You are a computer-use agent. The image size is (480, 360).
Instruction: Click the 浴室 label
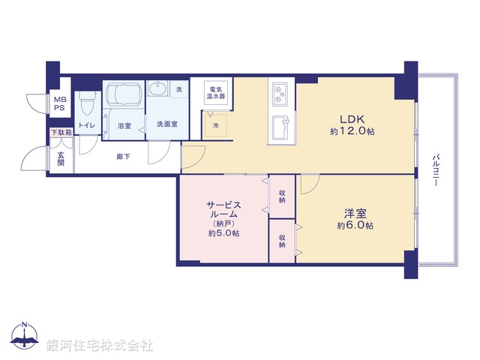click(124, 126)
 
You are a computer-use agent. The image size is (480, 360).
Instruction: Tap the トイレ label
click(87, 126)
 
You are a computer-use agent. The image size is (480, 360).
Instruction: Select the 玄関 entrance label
click(61, 158)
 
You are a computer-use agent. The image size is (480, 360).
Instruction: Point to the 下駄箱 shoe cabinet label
click(61, 133)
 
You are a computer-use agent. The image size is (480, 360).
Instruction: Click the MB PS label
click(58, 103)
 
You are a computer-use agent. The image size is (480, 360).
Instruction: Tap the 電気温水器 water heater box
click(217, 92)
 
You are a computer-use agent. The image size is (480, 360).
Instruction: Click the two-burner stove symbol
click(280, 94)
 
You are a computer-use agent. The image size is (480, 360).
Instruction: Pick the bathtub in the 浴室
click(123, 95)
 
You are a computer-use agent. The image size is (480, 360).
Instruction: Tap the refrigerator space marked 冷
click(216, 124)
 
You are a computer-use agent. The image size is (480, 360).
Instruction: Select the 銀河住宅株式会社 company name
click(99, 346)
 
